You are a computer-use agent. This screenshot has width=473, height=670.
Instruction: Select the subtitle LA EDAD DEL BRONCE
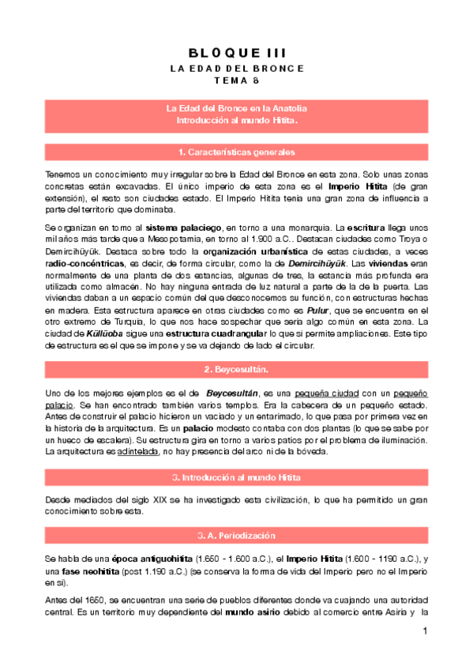click(x=236, y=69)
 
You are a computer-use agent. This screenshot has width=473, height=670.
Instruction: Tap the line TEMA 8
click(x=236, y=81)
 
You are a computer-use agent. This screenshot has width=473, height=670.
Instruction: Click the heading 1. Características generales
click(x=236, y=151)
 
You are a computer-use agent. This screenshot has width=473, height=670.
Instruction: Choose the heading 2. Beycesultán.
click(x=236, y=370)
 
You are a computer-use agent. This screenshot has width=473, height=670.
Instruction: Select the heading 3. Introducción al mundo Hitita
click(x=236, y=478)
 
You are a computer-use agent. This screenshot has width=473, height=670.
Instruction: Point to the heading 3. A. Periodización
click(x=236, y=534)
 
